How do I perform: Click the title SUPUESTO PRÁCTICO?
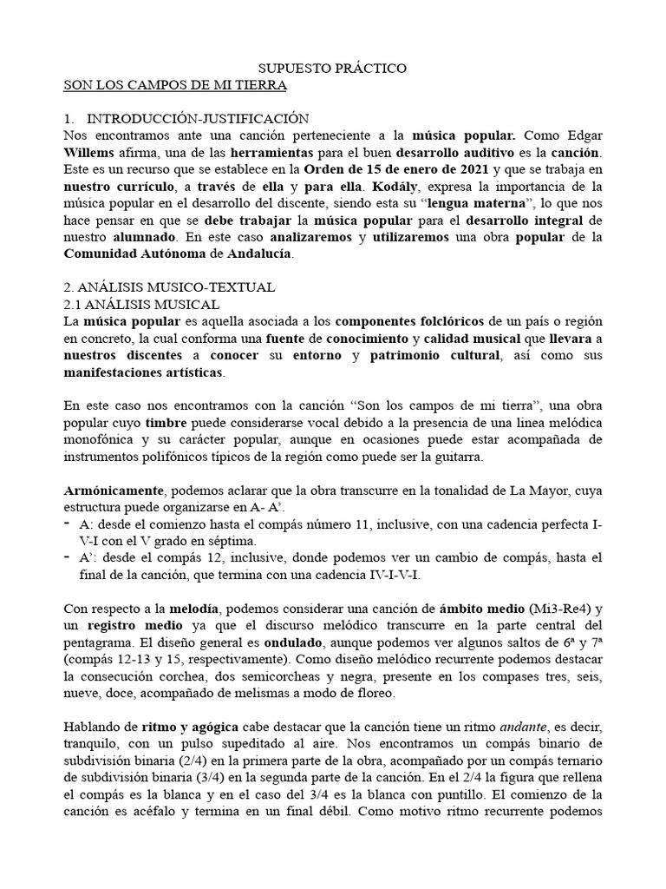(x=333, y=68)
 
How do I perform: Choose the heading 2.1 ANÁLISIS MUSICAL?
(x=143, y=304)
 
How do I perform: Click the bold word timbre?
(x=166, y=423)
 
